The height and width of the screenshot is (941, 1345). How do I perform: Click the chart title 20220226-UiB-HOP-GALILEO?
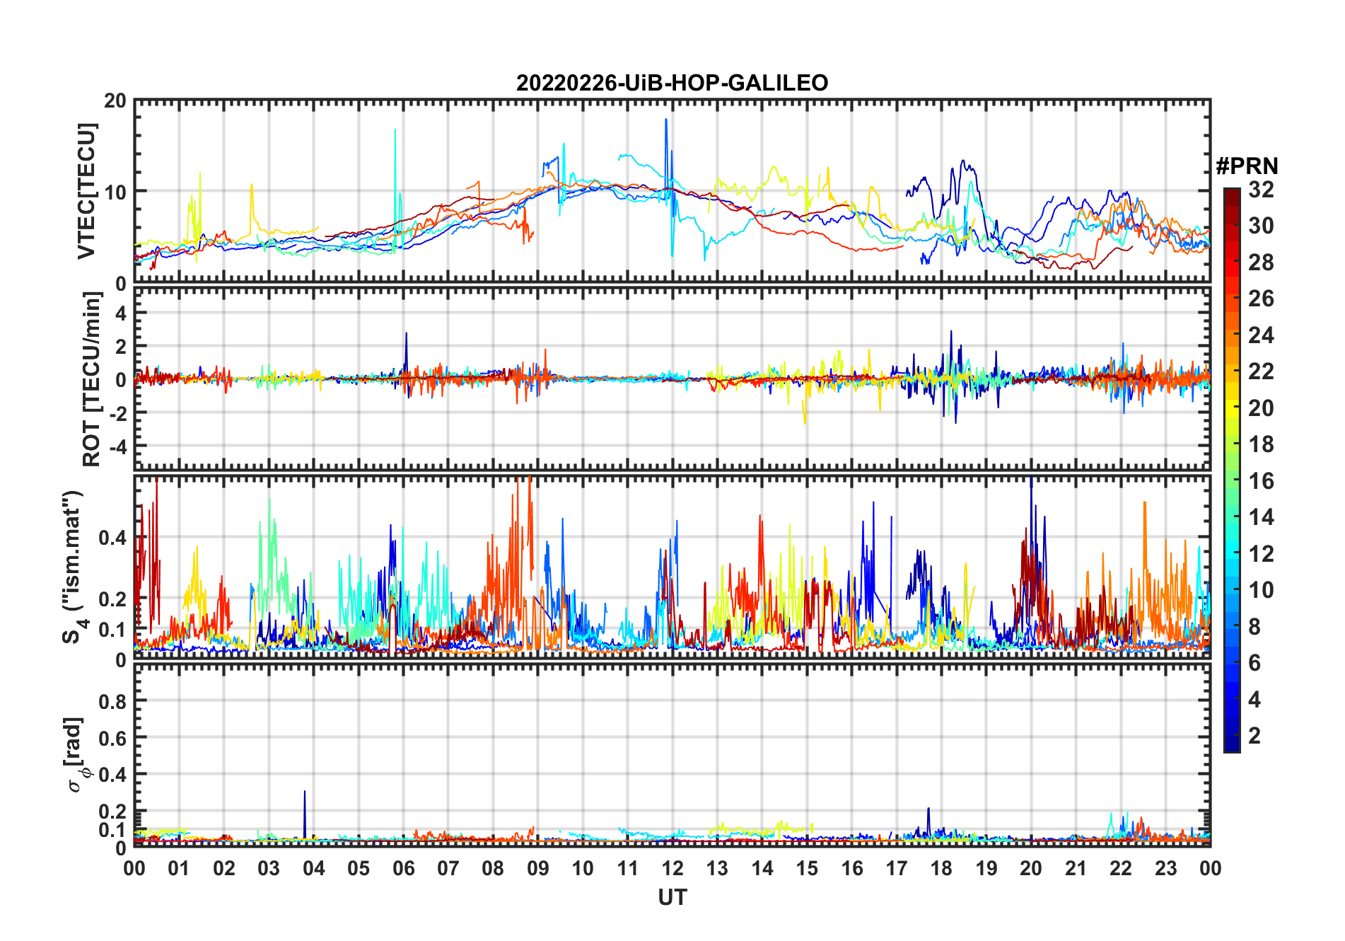pos(672,83)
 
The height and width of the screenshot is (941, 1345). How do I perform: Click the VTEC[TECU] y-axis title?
pos(86,191)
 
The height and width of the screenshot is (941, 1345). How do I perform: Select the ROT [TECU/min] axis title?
pos(92,379)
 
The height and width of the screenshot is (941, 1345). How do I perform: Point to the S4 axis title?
pos(73,567)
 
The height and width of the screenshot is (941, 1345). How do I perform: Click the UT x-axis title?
pos(672,898)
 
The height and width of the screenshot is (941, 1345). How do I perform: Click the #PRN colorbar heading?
pos(1247,166)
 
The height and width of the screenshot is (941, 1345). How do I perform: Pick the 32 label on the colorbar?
pos(1261,190)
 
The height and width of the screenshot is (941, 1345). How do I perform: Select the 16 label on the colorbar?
pos(1261,481)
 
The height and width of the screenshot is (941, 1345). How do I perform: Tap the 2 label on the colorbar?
pos(1254,736)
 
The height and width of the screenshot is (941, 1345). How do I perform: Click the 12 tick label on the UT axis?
pos(672,868)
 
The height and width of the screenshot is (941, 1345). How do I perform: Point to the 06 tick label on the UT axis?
pos(403,868)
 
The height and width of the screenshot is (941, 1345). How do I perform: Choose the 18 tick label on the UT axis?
pos(941,868)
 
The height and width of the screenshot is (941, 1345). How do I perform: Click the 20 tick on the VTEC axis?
pos(115,101)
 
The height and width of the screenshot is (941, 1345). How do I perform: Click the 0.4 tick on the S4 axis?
pos(113,538)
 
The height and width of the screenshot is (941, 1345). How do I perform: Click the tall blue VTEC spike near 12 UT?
pos(665,122)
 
